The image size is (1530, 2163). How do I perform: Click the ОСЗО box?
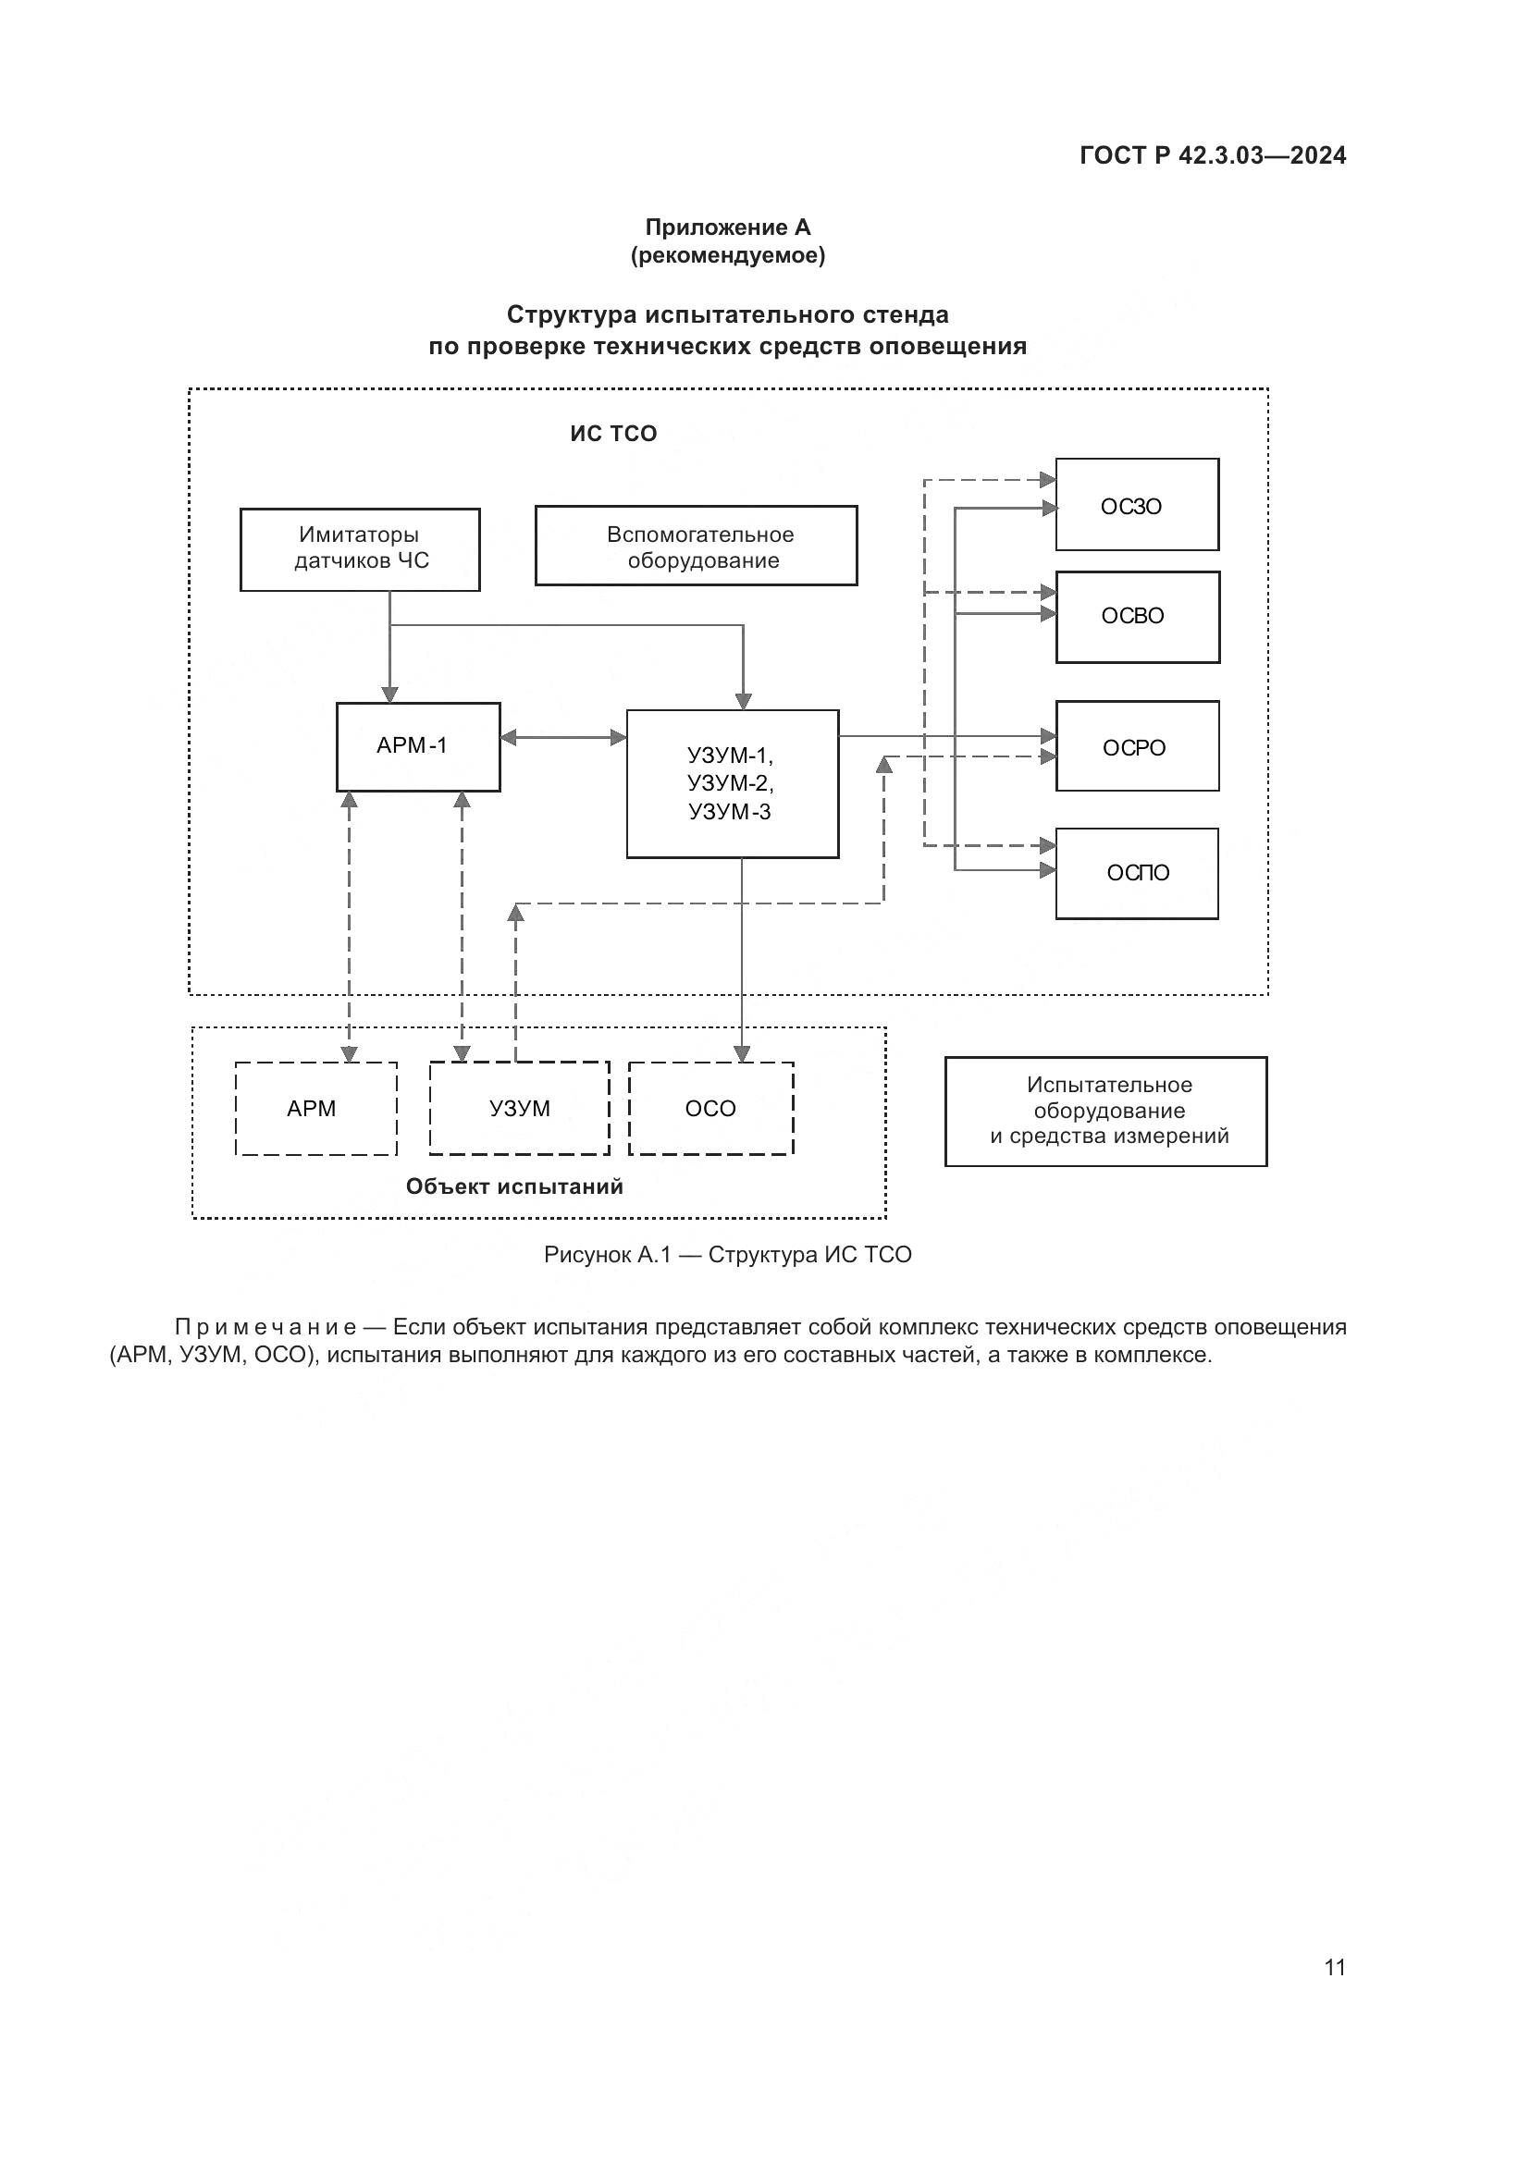(1136, 505)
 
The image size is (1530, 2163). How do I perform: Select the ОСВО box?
(1137, 617)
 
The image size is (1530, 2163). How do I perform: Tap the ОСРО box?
(1137, 746)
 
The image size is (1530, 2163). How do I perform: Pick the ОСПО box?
(1136, 873)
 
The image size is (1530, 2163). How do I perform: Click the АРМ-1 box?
(417, 747)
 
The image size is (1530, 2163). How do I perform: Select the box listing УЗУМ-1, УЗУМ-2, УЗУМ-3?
(732, 784)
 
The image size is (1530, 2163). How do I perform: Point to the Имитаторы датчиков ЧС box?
(360, 549)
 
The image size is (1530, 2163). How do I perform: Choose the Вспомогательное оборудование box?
(697, 547)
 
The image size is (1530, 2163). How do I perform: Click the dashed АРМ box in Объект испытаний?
(315, 1109)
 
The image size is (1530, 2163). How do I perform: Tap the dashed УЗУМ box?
(519, 1109)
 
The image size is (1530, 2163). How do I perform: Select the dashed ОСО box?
(711, 1109)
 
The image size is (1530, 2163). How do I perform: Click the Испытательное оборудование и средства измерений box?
(1106, 1112)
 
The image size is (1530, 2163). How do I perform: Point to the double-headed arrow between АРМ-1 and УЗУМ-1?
(563, 738)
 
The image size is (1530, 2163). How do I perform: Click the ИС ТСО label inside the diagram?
(613, 435)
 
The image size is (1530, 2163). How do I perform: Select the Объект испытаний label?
(514, 1187)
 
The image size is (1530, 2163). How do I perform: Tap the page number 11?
(1334, 1967)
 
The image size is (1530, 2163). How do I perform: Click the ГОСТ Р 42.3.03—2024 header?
(1213, 156)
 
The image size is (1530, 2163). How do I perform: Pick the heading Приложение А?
(727, 228)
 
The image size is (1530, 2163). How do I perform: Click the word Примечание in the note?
(265, 1327)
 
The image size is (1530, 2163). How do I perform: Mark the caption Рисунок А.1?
(607, 1255)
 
